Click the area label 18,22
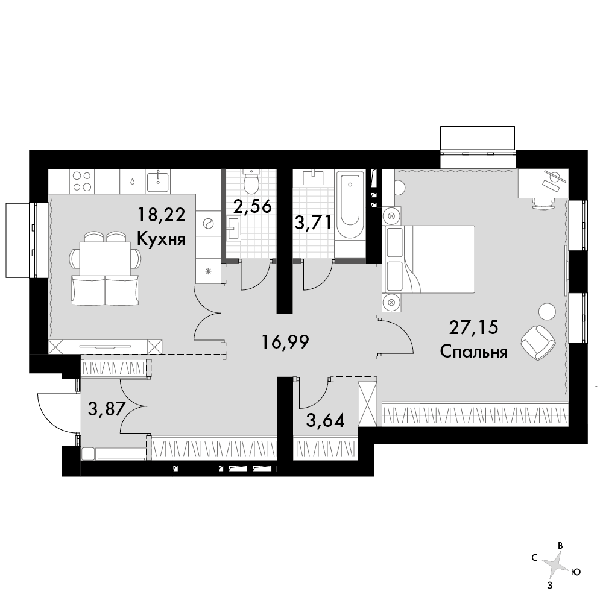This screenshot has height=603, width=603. point(162,214)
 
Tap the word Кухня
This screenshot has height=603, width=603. point(161,239)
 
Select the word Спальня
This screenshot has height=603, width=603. point(474,352)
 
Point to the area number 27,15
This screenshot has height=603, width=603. point(474,327)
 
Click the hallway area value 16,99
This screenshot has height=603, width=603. point(285,341)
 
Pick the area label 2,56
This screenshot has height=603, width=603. point(253,206)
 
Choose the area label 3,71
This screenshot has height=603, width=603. point(312,223)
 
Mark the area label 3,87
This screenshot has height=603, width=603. point(107,409)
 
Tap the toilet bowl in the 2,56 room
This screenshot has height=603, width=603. point(252,182)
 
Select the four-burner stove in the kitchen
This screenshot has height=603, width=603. point(82,181)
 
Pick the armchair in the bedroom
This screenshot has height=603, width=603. point(538,343)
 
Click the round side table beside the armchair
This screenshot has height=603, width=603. point(548,311)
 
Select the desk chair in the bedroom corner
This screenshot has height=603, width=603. point(543,203)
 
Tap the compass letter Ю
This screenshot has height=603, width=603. point(576,572)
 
